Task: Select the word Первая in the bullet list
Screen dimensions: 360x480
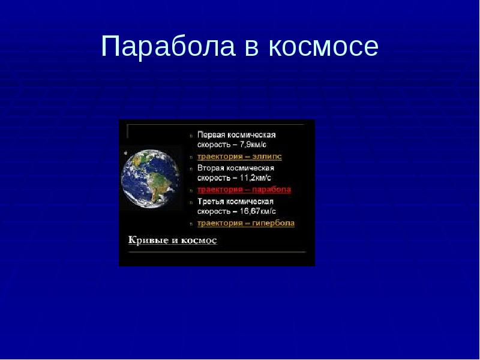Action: click(x=211, y=135)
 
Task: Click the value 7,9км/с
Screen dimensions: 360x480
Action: click(x=256, y=145)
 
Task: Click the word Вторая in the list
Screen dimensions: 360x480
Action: click(x=211, y=168)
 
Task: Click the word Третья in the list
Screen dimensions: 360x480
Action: click(x=211, y=202)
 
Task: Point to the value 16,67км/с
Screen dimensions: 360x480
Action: click(x=259, y=212)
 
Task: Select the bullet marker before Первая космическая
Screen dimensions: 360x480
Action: click(x=191, y=136)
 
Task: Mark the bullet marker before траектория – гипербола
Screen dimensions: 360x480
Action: click(x=191, y=224)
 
